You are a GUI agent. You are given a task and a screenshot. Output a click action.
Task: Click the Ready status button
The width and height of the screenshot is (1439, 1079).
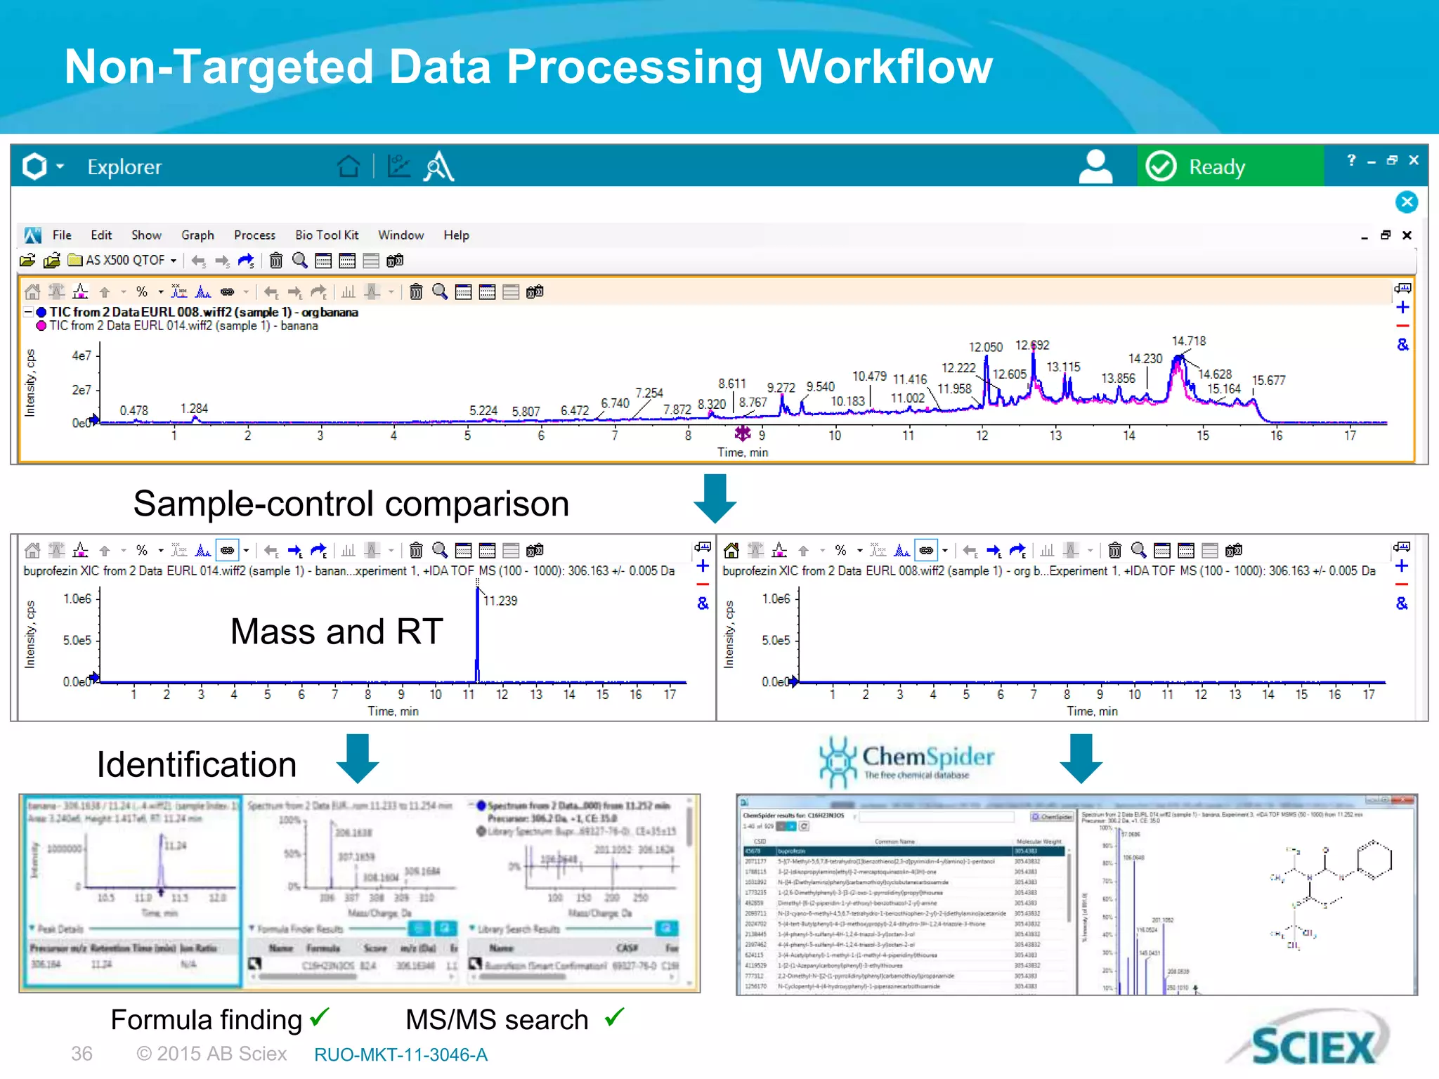point(1230,166)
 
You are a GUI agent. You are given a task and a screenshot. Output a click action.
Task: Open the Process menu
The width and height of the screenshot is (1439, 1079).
point(254,235)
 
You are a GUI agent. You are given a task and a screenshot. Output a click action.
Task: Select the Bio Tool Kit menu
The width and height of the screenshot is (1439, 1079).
point(327,235)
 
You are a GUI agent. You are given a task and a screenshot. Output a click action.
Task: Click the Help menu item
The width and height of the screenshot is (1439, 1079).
point(456,235)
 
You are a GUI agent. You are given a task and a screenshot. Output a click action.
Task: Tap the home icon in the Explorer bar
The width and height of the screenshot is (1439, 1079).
point(348,166)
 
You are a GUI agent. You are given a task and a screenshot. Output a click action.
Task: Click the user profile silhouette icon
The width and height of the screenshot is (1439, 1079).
point(1095,166)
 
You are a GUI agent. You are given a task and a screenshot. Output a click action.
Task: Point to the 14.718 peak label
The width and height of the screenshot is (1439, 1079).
point(1188,341)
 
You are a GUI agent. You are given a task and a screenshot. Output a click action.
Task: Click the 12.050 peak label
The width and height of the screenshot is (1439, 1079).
point(985,347)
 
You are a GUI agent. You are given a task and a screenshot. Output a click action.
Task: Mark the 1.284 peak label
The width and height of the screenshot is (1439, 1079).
point(194,408)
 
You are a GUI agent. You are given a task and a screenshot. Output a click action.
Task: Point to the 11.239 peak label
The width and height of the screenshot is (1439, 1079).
point(500,601)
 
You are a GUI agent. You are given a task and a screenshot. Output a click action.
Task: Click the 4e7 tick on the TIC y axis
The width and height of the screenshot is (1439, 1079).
point(82,355)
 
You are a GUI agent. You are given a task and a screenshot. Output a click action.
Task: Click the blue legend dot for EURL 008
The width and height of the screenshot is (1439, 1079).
point(41,312)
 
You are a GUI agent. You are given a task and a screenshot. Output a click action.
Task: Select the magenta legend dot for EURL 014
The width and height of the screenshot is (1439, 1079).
point(41,326)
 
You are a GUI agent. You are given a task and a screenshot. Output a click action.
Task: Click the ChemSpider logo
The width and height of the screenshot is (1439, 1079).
point(906,761)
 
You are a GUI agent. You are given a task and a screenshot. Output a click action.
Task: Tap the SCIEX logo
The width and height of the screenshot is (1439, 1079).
point(1313,1045)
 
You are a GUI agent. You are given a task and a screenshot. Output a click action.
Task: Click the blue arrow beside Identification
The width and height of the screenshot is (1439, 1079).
point(358,759)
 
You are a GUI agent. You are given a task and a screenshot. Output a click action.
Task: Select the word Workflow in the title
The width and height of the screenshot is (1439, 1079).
point(885,67)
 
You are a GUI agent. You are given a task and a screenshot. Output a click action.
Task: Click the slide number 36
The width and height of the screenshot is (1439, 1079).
point(82,1054)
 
